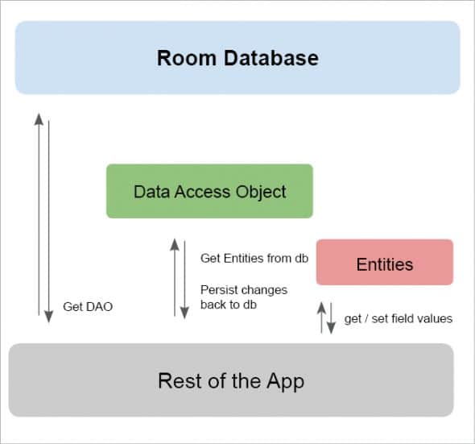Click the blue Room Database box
pyautogui.click(x=237, y=58)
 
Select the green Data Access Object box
pyautogui.click(x=209, y=192)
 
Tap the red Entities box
pyautogui.click(x=384, y=263)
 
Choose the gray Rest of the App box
pyautogui.click(x=231, y=380)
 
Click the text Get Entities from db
pyautogui.click(x=254, y=258)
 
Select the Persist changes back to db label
pyautogui.click(x=243, y=297)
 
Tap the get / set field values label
pyautogui.click(x=398, y=318)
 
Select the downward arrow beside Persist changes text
pyautogui.click(x=184, y=278)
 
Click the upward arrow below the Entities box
pyautogui.click(x=321, y=317)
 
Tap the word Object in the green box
pyautogui.click(x=261, y=192)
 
